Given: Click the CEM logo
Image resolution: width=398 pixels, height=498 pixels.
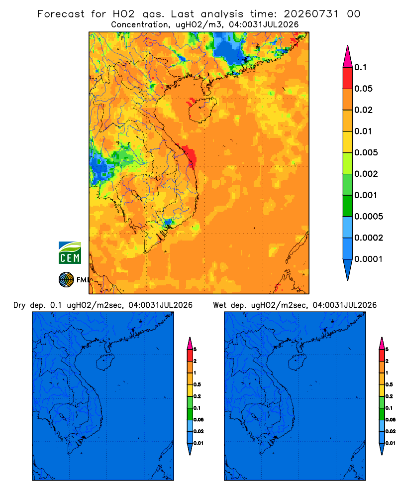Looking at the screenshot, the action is pos(70,253).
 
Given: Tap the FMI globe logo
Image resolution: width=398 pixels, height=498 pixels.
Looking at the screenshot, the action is pos(66,280).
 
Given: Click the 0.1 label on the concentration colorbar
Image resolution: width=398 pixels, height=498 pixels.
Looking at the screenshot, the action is pos(361,67).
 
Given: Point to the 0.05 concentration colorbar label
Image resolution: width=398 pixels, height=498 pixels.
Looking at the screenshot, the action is pos(363,89).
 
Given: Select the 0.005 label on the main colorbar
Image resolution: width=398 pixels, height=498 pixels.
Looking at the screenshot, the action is pos(366,152).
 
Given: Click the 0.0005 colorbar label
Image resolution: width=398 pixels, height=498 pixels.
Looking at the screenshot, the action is pos(369,217).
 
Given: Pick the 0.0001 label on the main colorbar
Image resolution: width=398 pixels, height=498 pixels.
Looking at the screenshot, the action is pos(369,259).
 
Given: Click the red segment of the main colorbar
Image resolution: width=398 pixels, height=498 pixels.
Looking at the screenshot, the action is pos(348,78).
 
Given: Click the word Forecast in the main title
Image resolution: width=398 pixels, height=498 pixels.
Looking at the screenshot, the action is pos(61,14).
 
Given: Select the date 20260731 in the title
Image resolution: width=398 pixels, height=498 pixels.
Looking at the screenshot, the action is pos(311,14).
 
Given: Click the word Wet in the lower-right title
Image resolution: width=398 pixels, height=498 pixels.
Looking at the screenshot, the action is pos(219,305).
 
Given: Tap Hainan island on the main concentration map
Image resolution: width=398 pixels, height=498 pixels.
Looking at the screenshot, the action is pos(202,110).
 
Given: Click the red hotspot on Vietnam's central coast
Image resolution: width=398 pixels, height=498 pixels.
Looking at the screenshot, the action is pos(190,155).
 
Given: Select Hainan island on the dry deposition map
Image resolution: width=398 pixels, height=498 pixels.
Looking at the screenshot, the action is pos(105,363).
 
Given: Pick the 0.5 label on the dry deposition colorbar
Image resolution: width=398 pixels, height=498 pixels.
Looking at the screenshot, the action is pos(197,384).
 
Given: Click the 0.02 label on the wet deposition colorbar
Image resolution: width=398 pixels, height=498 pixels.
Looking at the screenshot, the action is pos(390,431).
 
